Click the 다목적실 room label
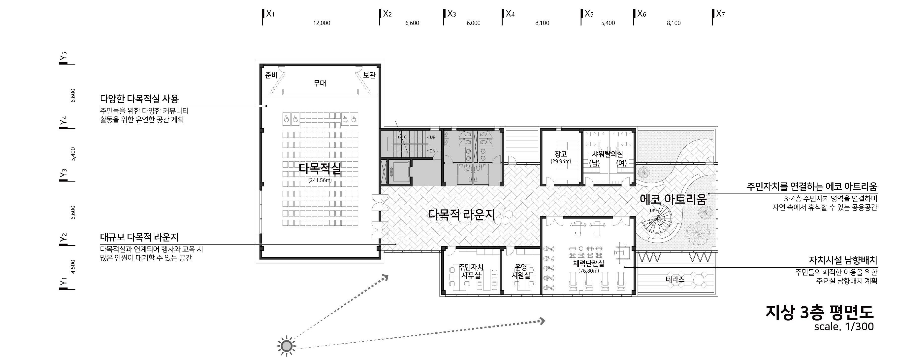point(320,169)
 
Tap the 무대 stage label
point(320,83)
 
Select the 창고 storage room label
point(561,154)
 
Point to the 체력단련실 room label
point(588,263)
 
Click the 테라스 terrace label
point(675,279)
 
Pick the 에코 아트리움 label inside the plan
point(673,199)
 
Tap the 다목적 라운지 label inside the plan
point(461,215)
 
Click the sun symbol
point(287,346)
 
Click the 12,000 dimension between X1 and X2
point(321,23)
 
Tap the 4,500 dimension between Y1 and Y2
point(73,267)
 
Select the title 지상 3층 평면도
point(819,312)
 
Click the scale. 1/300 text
point(844,326)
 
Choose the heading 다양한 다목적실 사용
point(139,99)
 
